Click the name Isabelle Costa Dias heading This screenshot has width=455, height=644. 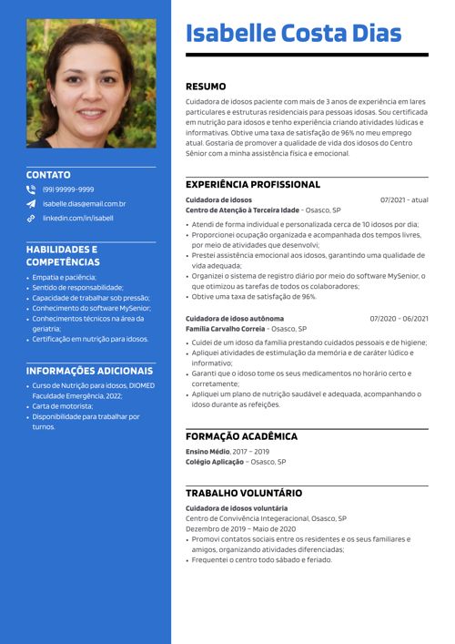[293, 34]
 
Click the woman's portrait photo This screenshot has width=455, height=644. [91, 84]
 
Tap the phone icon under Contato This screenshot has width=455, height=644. [31, 189]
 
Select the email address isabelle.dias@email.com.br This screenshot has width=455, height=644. [84, 204]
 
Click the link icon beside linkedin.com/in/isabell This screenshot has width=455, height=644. [31, 219]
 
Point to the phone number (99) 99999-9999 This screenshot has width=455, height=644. [68, 189]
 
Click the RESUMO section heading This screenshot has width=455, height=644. [206, 87]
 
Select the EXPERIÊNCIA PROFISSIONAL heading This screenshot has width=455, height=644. [253, 185]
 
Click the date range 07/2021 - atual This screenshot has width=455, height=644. [404, 199]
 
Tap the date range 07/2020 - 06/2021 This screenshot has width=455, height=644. [399, 319]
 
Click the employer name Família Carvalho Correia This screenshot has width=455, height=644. [226, 329]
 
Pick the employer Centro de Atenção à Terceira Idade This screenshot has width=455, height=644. [242, 210]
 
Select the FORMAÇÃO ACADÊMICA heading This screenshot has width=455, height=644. [241, 437]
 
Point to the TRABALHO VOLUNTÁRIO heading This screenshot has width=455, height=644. [244, 493]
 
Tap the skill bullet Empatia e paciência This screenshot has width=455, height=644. [64, 277]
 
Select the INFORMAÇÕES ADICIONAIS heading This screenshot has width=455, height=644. [89, 372]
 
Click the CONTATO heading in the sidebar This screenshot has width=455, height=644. [48, 174]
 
